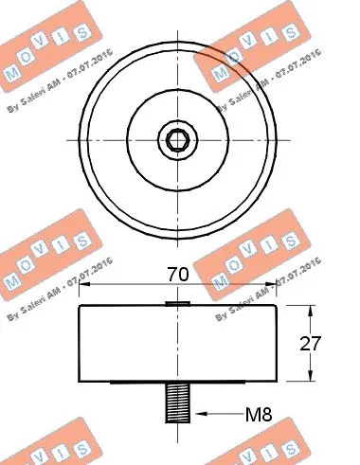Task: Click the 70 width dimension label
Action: pos(178,275)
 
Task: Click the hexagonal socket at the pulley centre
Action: pos(177,142)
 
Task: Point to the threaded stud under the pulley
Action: pos(177,401)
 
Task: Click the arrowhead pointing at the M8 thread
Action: pos(197,413)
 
